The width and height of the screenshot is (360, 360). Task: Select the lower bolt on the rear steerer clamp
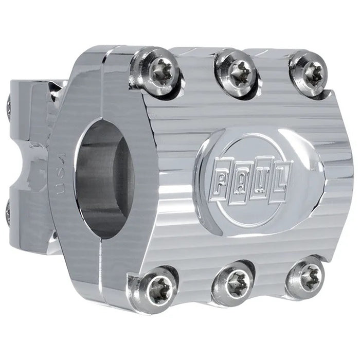pyautogui.click(x=8, y=211)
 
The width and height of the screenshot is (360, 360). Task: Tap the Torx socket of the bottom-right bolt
pyautogui.click(x=307, y=276)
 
